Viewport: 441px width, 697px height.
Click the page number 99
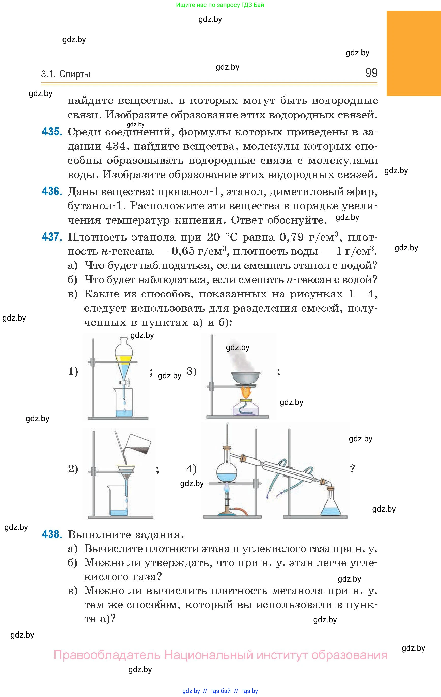coord(371,73)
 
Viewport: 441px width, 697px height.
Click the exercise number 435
coord(52,132)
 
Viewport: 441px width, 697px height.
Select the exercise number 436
coord(52,191)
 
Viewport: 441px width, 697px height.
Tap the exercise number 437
coord(52,237)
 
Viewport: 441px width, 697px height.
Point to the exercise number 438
coord(52,534)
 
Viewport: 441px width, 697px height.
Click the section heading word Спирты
coord(75,74)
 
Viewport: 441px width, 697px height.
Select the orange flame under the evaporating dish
coord(246,392)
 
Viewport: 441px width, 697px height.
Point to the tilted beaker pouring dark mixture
coord(138,445)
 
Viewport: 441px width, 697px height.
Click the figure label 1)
coord(73,371)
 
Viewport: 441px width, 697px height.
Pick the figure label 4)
coord(191,468)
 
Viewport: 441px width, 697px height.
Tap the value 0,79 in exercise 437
coord(292,237)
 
